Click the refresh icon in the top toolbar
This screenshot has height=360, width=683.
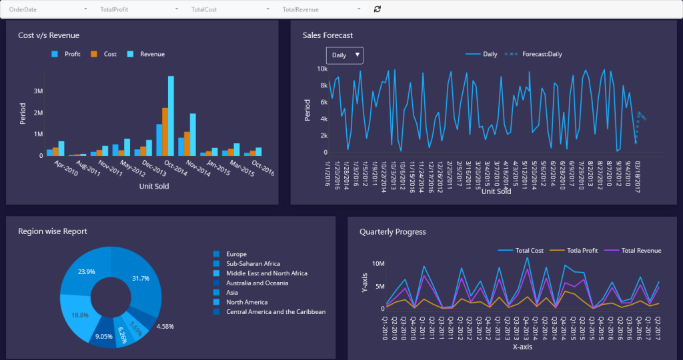click(x=378, y=9)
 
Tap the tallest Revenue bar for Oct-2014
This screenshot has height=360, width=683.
click(x=171, y=115)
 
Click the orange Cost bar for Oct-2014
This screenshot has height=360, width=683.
click(x=165, y=131)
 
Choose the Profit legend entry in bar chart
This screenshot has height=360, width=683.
click(x=67, y=54)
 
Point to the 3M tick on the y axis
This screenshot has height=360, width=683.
click(x=38, y=91)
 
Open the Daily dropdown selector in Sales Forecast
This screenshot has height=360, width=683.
click(x=344, y=55)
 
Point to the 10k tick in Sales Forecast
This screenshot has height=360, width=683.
click(x=321, y=69)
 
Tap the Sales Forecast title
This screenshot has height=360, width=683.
click(x=327, y=35)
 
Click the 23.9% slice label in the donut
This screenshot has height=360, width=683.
click(x=86, y=271)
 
